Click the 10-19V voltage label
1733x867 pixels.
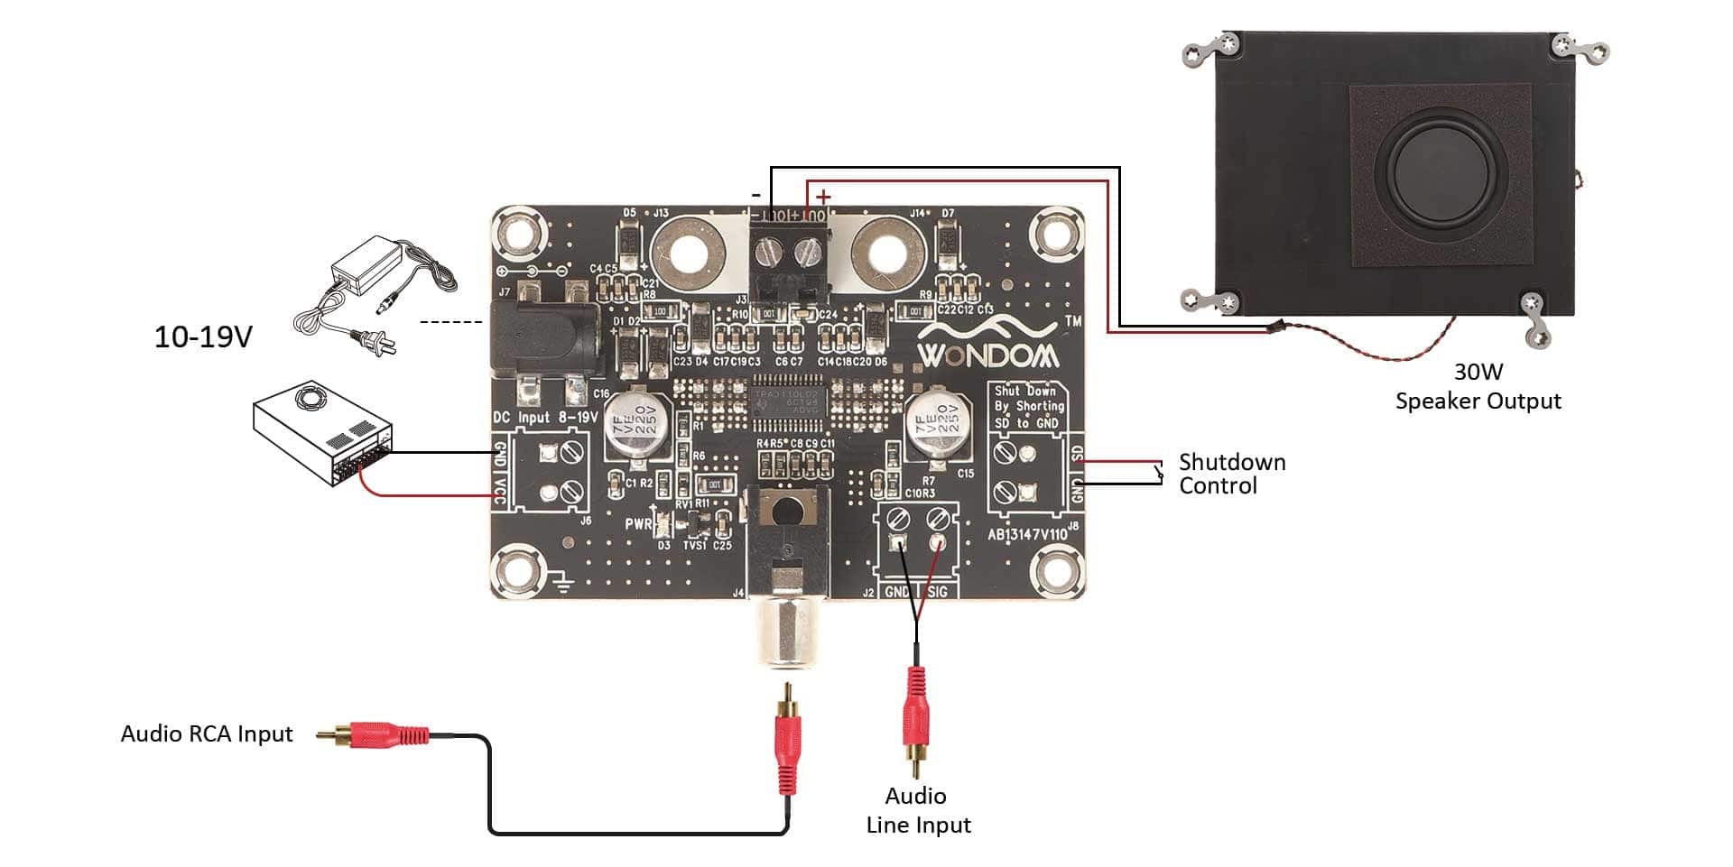(203, 337)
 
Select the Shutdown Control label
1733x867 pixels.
(1231, 474)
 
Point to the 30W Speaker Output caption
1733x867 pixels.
(1478, 386)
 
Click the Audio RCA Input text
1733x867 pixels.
(207, 733)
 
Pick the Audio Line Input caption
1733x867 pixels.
(918, 810)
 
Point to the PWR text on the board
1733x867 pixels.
(638, 524)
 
